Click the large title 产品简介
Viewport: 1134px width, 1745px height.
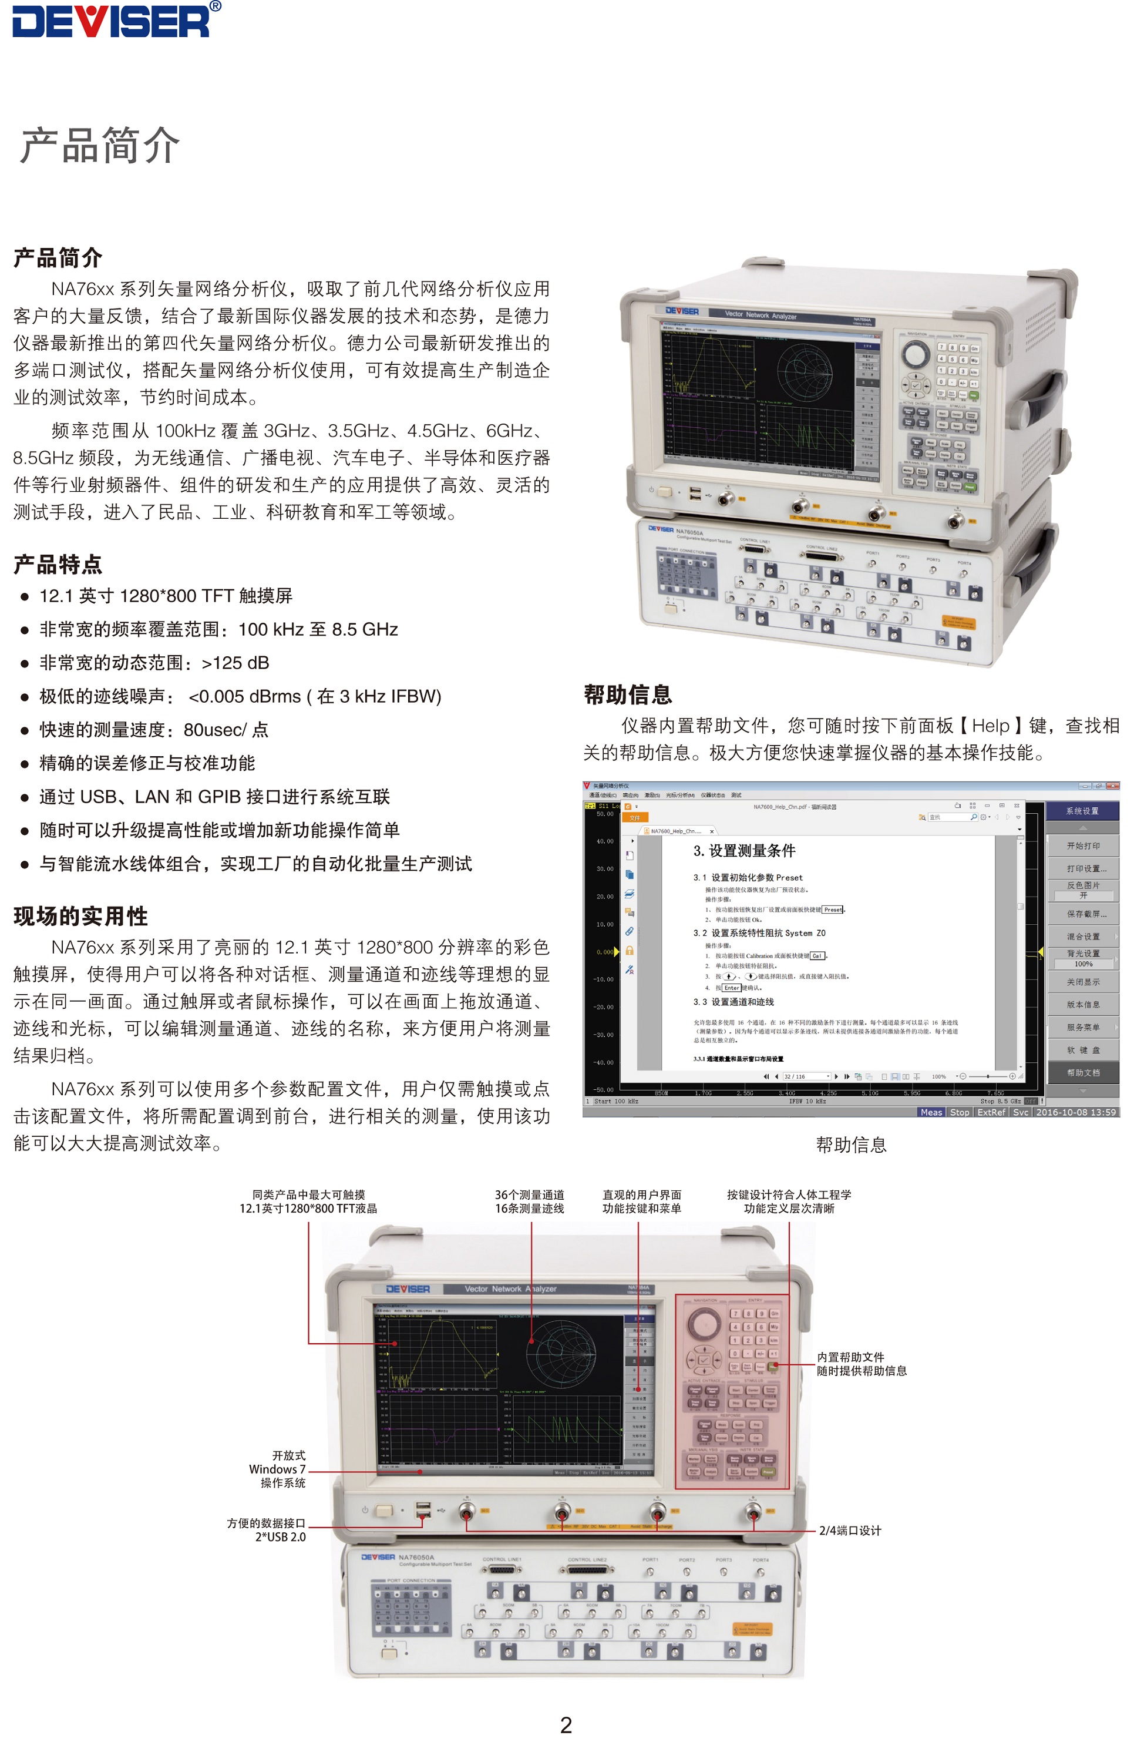(x=100, y=145)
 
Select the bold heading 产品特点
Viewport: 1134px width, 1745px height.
(x=58, y=565)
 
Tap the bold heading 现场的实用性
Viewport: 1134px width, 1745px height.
(x=80, y=916)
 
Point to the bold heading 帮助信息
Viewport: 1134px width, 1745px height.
(x=627, y=694)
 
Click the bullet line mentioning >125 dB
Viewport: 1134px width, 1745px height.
(x=154, y=663)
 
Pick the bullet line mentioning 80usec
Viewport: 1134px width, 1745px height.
(x=154, y=730)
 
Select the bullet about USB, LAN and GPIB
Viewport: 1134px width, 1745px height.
(x=214, y=796)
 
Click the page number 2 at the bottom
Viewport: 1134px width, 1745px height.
(x=566, y=1724)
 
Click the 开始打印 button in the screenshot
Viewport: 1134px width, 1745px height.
(x=1083, y=845)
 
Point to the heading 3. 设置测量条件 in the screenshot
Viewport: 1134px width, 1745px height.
(x=744, y=851)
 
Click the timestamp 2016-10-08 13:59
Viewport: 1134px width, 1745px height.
(x=1075, y=1112)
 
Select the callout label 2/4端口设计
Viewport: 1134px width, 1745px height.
(x=850, y=1530)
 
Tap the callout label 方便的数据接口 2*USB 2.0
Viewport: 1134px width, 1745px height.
(x=266, y=1529)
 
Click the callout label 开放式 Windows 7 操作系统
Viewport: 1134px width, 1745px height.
(x=278, y=1469)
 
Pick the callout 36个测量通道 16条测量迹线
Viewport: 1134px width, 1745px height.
(x=529, y=1202)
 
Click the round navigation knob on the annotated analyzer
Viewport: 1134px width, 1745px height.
(x=704, y=1323)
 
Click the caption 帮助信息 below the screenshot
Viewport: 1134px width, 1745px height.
(x=851, y=1145)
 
